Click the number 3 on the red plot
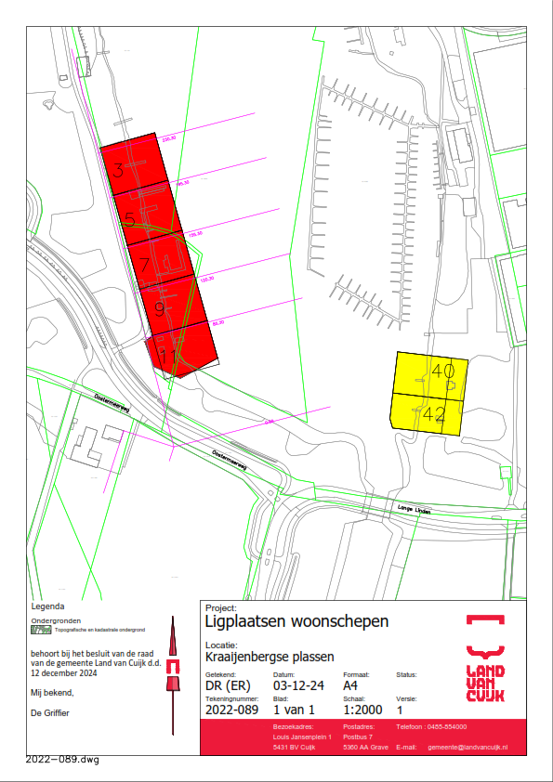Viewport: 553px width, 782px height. point(118,170)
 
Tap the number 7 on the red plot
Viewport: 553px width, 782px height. point(145,264)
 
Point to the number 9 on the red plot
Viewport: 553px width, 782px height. point(159,308)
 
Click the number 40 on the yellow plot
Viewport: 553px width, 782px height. point(443,371)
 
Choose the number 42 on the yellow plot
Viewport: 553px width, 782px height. point(433,415)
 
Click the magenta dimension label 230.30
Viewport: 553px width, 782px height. point(168,138)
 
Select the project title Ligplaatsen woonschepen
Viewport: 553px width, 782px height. point(296,620)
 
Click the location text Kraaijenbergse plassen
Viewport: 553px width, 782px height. point(269,657)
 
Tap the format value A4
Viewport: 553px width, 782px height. point(352,686)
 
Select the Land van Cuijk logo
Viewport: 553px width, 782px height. point(485,659)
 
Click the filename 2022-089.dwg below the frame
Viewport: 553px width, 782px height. point(62,760)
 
